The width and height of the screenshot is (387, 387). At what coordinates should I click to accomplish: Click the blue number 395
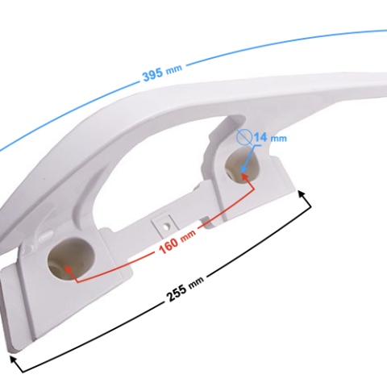152,75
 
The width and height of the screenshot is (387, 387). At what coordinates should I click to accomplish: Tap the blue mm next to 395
174,69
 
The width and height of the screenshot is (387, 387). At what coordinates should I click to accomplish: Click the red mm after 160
188,236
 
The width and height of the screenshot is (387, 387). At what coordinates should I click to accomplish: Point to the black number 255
177,293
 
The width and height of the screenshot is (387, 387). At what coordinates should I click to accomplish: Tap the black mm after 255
196,281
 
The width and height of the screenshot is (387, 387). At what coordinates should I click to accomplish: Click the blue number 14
260,137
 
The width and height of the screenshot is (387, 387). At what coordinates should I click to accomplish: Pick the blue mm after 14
278,139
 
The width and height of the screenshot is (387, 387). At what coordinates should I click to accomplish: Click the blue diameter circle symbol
244,136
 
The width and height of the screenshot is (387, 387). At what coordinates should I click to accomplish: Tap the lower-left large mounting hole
71,258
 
